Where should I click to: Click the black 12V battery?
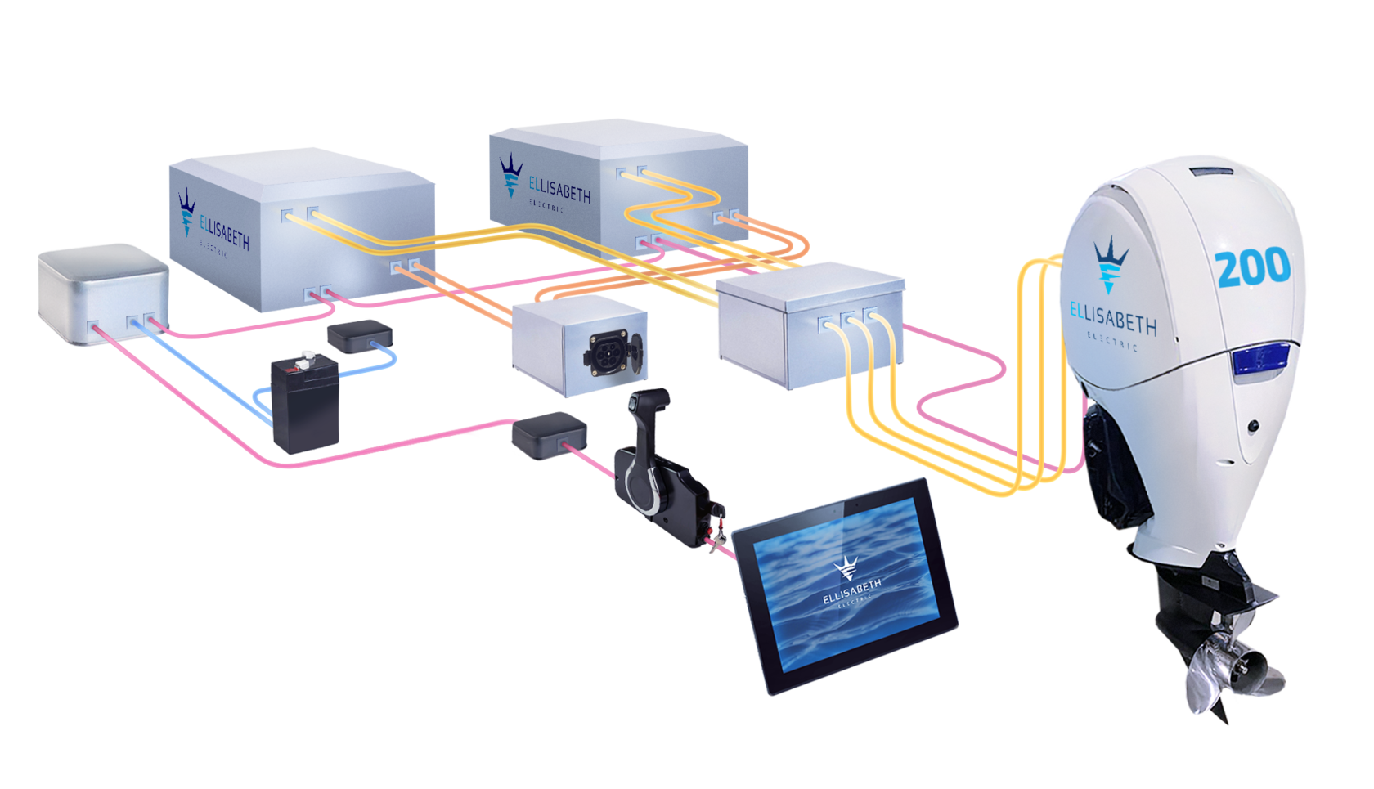coord(303,407)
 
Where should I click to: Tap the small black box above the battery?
coord(359,335)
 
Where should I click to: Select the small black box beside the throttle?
coord(549,435)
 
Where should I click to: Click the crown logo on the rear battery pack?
coord(511,173)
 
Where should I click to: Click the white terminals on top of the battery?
coord(306,356)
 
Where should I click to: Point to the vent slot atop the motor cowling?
coord(1212,172)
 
